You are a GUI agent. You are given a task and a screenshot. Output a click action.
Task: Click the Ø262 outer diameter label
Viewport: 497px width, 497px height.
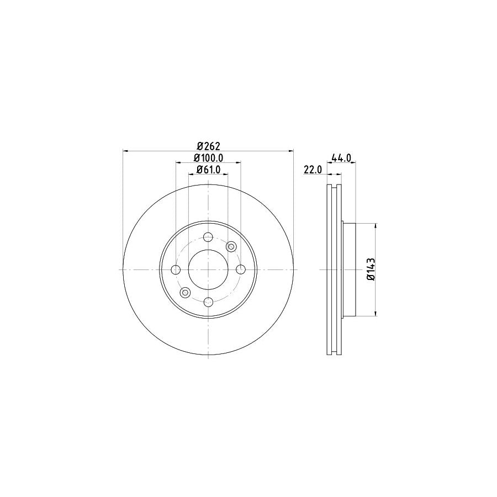208,146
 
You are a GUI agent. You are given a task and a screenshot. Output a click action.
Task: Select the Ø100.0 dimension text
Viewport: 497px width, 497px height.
208,158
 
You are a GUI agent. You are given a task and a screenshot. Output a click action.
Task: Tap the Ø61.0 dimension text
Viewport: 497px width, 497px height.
208,170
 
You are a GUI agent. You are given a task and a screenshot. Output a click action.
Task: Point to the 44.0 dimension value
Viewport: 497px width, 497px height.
341,158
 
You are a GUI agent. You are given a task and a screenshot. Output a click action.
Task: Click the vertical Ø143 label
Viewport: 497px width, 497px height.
371,269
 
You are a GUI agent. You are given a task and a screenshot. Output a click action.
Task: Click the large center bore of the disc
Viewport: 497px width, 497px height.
208,269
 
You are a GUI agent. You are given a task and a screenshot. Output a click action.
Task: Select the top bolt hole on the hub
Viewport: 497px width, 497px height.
208,237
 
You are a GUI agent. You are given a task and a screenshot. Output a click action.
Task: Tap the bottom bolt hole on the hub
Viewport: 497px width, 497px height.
208,302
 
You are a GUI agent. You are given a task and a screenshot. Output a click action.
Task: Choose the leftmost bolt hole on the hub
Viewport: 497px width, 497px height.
176,269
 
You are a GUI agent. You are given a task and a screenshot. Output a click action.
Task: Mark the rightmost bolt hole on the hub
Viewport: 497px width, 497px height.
240,269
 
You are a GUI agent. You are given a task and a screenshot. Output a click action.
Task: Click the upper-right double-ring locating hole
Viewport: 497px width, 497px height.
231,246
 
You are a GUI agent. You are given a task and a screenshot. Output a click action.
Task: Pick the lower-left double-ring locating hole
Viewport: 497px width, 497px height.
185,293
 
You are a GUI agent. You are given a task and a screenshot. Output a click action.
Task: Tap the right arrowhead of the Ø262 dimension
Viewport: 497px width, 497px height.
292,151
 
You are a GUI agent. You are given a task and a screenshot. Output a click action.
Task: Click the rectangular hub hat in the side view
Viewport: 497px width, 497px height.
348,269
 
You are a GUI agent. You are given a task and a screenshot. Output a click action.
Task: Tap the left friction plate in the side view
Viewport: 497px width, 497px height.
330,269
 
